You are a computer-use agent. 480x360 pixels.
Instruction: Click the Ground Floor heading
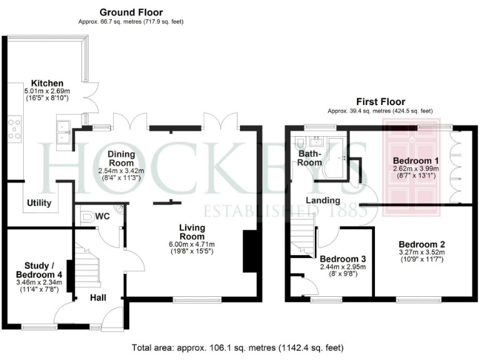[x=131, y=12]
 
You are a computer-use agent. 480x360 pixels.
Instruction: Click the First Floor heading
[x=381, y=101]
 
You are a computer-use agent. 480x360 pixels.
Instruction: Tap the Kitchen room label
[x=47, y=83]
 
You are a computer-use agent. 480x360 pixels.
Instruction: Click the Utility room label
[x=39, y=203]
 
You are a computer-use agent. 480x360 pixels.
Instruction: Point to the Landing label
[x=322, y=201]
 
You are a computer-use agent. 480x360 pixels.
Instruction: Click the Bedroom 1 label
[x=409, y=161]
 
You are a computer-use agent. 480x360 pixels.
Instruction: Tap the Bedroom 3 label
[x=342, y=258]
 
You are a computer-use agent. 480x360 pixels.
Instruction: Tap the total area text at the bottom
[x=237, y=347]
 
